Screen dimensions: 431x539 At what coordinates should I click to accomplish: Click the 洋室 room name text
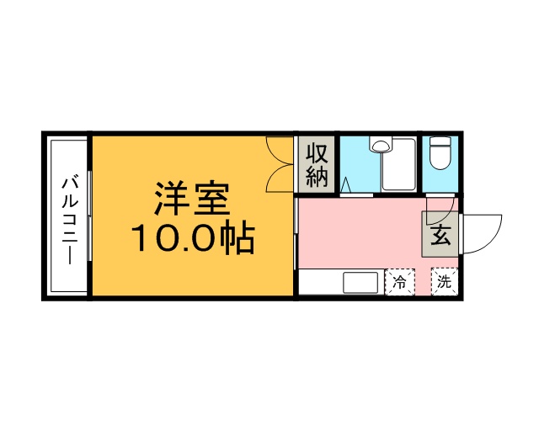[x=191, y=200]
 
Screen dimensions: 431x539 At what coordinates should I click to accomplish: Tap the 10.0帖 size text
[x=192, y=240]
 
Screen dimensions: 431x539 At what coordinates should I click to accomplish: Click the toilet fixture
[x=440, y=153]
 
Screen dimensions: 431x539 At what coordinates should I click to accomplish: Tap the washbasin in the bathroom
[x=381, y=146]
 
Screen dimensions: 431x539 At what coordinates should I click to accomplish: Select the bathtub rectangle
[x=399, y=164]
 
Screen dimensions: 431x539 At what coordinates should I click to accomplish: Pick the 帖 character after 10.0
[x=239, y=240]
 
